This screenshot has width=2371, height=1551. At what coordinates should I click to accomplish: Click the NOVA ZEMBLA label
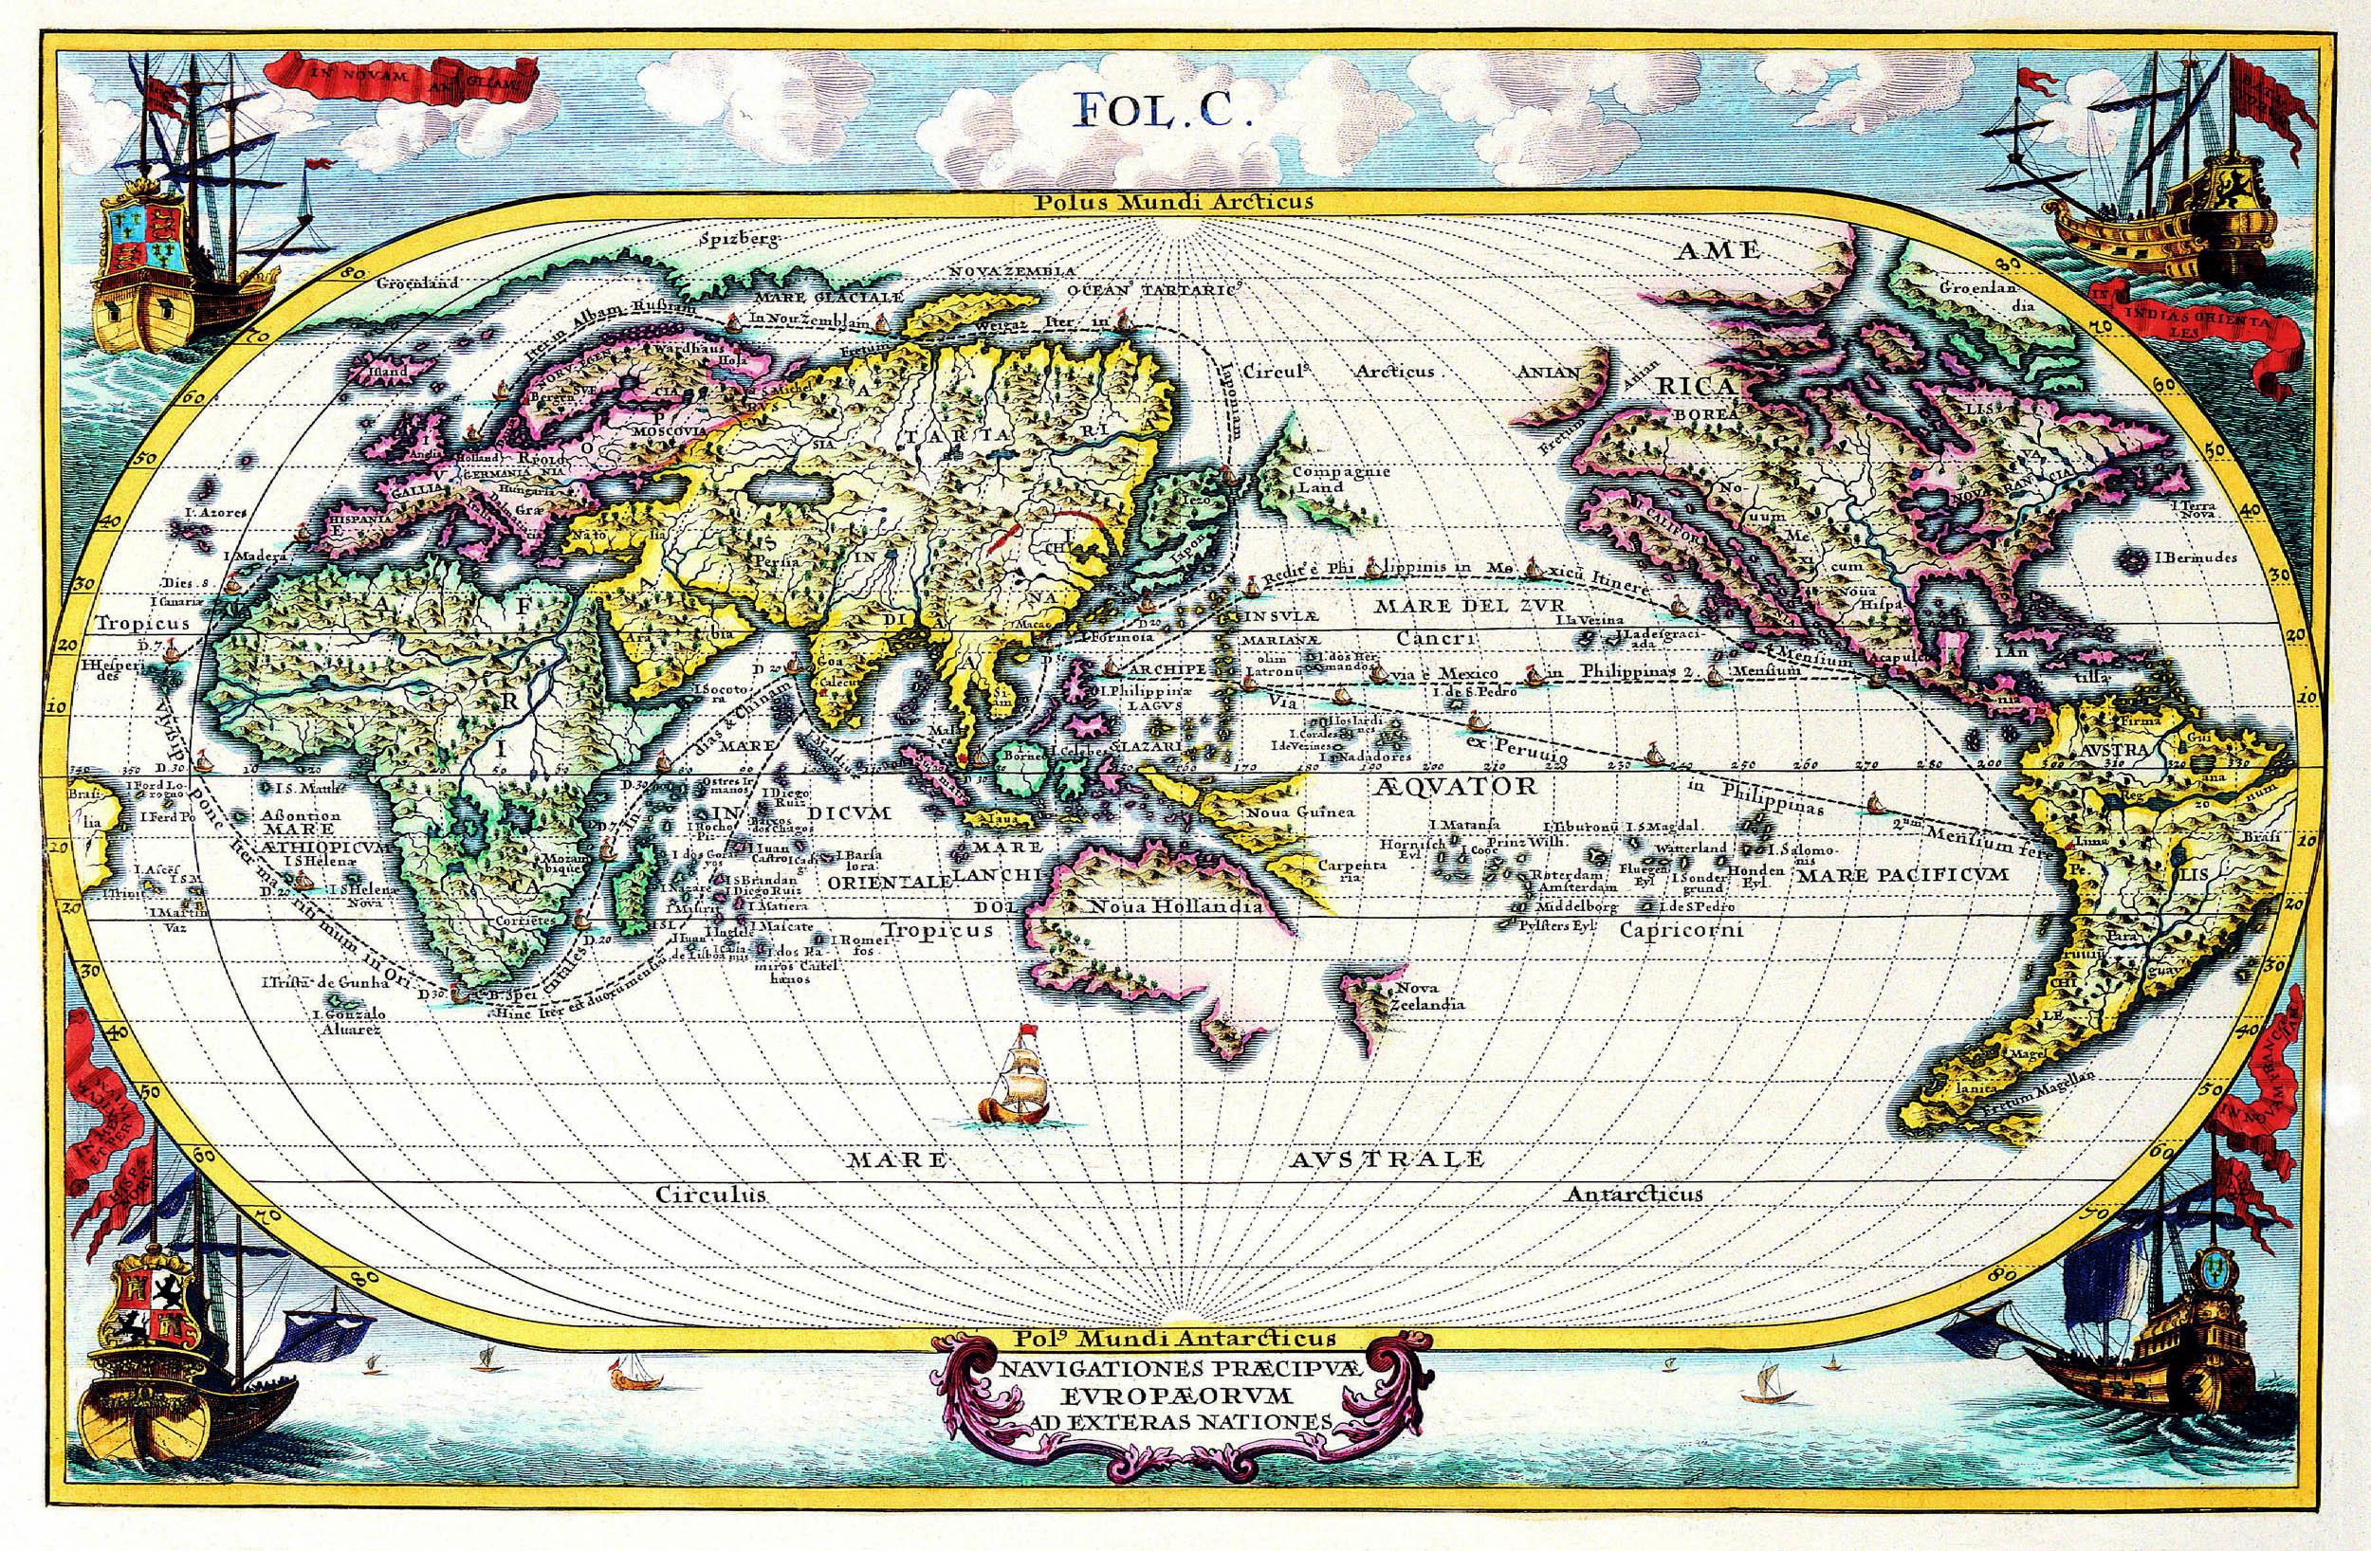[x=1012, y=271]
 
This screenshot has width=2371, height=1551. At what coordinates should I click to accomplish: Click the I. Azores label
[x=214, y=514]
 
